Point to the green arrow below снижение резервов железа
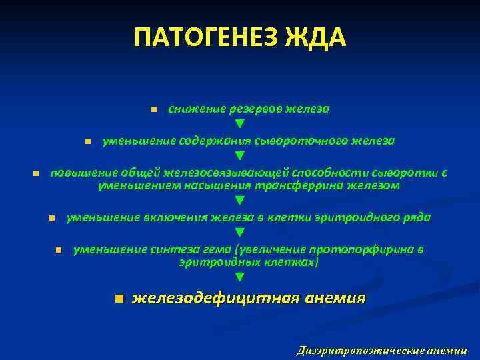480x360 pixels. point(240,124)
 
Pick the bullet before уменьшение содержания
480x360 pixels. point(87,142)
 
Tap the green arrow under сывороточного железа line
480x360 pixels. point(240,157)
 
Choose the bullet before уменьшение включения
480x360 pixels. point(51,218)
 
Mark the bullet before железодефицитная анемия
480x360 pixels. point(118,298)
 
